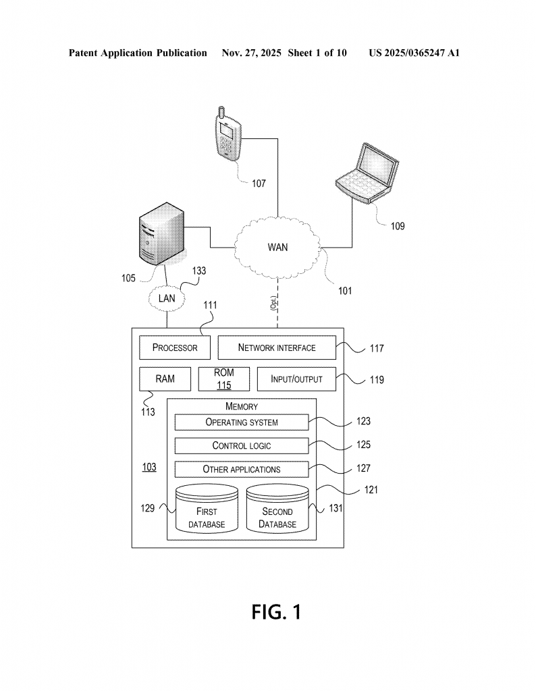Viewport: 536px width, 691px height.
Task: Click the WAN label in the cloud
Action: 277,247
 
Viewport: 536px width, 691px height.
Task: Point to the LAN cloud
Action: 166,298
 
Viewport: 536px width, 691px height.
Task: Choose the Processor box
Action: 175,348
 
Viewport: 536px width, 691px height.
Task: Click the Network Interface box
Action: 277,348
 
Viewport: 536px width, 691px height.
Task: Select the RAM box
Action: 165,379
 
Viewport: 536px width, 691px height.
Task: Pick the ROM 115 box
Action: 223,379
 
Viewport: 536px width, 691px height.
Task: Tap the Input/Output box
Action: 296,379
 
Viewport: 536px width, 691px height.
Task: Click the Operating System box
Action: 242,422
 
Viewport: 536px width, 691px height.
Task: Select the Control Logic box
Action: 242,445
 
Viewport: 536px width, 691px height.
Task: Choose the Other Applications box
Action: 242,469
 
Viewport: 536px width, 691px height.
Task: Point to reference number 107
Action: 259,183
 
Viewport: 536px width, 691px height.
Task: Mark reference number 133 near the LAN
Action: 199,271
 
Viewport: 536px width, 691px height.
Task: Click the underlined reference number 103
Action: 149,467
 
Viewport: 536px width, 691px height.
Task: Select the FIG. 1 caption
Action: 276,611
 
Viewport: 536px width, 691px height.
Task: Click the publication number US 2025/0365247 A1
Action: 414,53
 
